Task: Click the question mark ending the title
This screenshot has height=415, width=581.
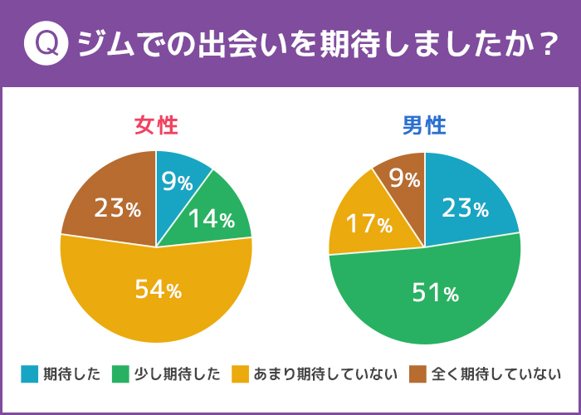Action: (544, 44)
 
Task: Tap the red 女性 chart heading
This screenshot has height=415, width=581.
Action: (156, 125)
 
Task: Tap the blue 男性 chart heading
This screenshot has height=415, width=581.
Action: (424, 125)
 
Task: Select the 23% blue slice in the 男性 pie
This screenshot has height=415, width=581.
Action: (465, 207)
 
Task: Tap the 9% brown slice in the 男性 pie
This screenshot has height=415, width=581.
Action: (403, 178)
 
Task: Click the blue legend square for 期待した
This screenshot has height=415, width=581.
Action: (30, 374)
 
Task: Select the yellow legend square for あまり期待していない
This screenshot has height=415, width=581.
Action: (243, 374)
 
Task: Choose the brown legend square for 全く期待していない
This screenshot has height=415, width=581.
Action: (419, 374)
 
